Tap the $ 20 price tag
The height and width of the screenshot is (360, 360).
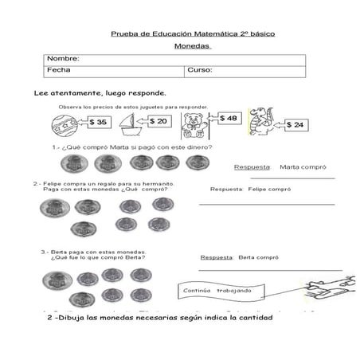158,121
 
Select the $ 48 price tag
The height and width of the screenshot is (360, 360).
228,118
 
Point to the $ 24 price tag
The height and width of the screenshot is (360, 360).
294,125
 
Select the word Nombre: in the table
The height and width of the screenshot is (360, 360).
63,59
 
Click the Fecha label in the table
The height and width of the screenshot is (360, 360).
59,70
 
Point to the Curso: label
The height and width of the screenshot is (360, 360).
199,70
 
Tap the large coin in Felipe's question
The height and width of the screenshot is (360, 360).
55,210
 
